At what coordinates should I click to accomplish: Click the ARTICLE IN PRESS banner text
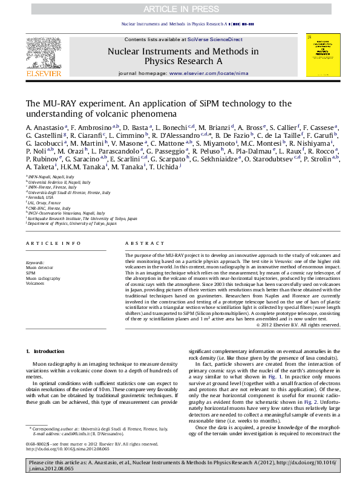tap(180, 9)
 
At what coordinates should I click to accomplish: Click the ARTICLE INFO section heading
tap(53, 243)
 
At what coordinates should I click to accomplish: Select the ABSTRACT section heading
tap(136, 243)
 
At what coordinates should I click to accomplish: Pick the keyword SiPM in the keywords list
tap(30, 273)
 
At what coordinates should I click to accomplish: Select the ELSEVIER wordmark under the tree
tap(44, 74)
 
